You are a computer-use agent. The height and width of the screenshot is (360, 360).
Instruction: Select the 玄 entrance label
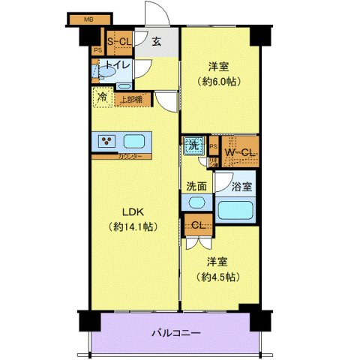pyautogui.click(x=157, y=43)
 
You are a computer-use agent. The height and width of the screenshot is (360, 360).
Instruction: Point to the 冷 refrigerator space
pyautogui.click(x=101, y=98)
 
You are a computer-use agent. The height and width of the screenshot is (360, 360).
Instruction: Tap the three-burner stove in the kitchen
pyautogui.click(x=106, y=140)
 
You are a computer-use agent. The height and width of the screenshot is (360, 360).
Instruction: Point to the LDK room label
pyautogui.click(x=125, y=212)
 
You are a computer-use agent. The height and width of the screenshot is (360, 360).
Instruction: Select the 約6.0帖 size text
pyautogui.click(x=217, y=80)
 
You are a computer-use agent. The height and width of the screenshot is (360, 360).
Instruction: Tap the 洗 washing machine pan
pyautogui.click(x=194, y=147)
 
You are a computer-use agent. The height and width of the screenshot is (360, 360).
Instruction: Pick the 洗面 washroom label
pyautogui.click(x=196, y=186)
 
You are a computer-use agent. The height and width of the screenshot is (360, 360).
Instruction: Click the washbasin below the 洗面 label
pyautogui.click(x=196, y=203)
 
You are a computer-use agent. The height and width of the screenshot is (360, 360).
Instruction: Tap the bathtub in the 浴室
pyautogui.click(x=237, y=209)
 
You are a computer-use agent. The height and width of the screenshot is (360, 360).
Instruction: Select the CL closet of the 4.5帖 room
pyautogui.click(x=199, y=226)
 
